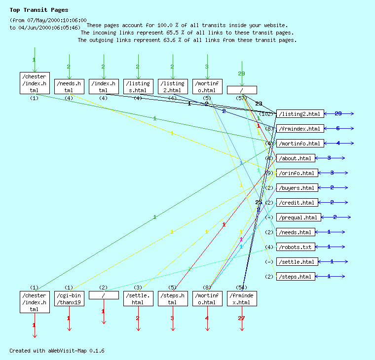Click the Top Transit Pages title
point(39,10)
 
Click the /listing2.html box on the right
point(300,114)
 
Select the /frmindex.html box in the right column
point(300,129)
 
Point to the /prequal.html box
point(299,217)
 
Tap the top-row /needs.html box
point(69,86)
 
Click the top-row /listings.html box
point(138,86)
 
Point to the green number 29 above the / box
point(241,73)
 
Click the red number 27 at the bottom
point(241,319)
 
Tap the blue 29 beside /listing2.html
point(338,114)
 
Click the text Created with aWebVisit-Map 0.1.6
point(57,351)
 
